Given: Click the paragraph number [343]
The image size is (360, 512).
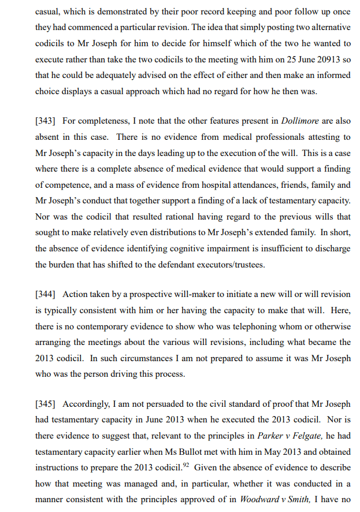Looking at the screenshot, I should (46, 121).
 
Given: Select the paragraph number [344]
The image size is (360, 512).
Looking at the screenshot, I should (46, 295).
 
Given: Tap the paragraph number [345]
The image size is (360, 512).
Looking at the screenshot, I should (46, 404).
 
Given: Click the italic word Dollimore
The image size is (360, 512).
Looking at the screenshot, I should (301, 121).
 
